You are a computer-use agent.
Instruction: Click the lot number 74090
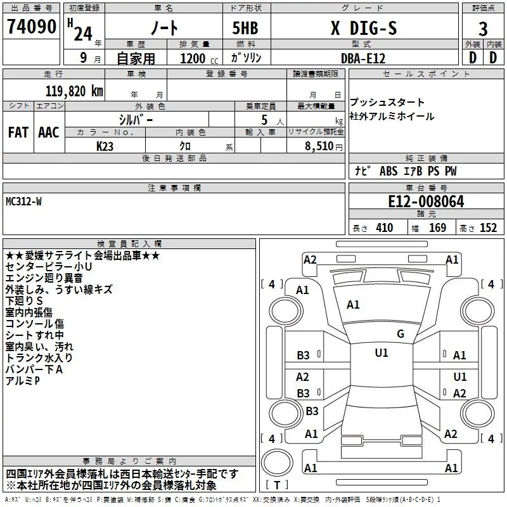[x=31, y=27]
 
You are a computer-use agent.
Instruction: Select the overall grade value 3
[x=483, y=29]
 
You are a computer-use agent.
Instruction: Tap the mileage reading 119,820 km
[x=74, y=91]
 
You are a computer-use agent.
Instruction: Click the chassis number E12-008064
[x=426, y=202]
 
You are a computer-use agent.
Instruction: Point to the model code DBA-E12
[x=363, y=58]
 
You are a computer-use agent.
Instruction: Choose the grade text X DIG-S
[x=364, y=28]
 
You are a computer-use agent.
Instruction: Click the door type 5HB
[x=245, y=28]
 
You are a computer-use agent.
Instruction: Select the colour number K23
[x=105, y=146]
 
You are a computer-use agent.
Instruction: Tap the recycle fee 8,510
[x=319, y=146]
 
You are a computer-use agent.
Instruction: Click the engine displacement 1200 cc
[x=199, y=58]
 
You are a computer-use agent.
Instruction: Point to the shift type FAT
[x=18, y=132]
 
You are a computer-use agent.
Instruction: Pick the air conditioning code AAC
[x=49, y=132]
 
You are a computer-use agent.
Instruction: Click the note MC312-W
[x=23, y=202]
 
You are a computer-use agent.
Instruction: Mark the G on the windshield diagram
[x=401, y=333]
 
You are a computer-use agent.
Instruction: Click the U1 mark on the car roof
[x=382, y=352]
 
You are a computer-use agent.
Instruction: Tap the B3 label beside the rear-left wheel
[x=312, y=411]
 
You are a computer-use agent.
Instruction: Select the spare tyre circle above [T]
[x=277, y=462]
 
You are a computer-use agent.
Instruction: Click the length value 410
[x=385, y=228]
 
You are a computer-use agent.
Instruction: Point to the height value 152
[x=488, y=228]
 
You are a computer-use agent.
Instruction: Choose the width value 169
[x=437, y=228]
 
